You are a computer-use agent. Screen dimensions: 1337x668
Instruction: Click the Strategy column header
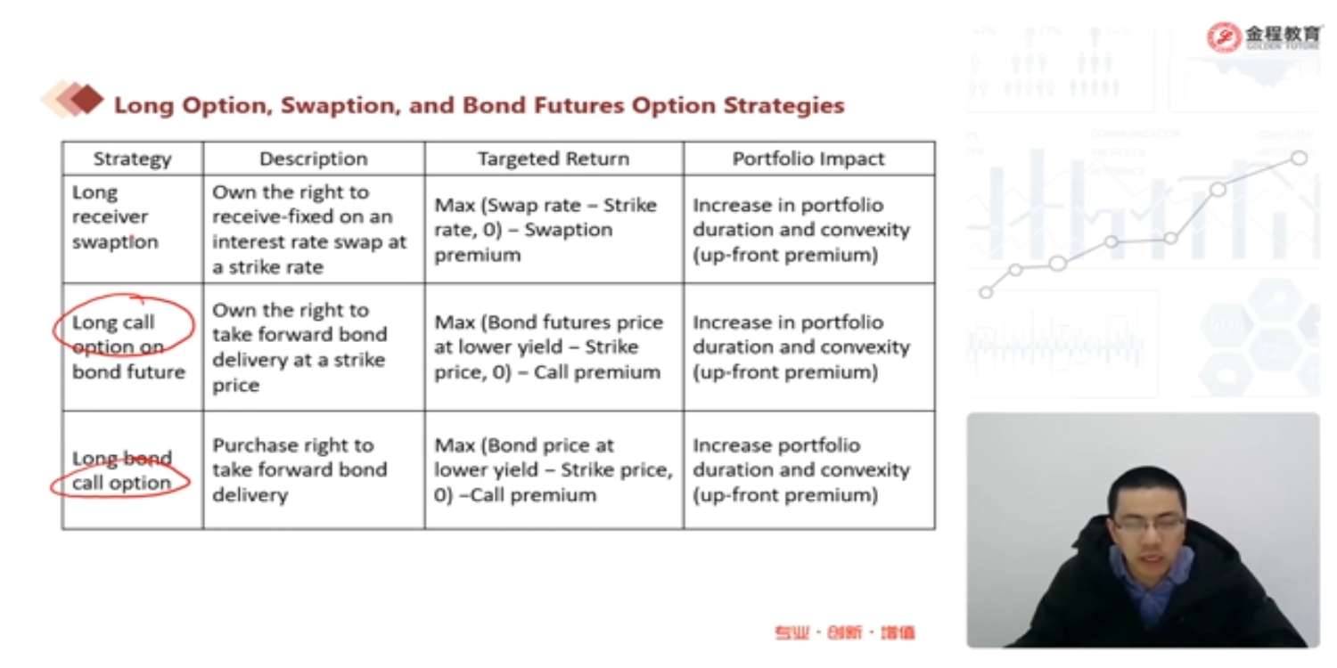tap(132, 159)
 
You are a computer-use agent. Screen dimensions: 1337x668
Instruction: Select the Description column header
tap(314, 159)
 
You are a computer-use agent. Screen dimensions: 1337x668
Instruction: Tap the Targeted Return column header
tap(554, 159)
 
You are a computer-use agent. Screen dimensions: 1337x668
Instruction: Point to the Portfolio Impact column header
tap(808, 159)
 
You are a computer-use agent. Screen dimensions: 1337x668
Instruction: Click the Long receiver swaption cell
tap(115, 217)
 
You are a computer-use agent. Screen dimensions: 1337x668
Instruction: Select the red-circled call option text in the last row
tap(121, 483)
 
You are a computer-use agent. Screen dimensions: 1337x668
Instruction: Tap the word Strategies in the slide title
tap(783, 106)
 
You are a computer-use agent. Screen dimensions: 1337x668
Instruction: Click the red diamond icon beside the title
tap(86, 99)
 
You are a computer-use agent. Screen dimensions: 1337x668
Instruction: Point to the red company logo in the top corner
tap(1224, 37)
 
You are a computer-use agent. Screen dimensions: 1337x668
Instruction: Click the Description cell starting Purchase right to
tap(299, 470)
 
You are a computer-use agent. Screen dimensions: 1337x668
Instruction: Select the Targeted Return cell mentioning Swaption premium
tap(545, 230)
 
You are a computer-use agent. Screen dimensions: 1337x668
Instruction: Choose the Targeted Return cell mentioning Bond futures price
tap(548, 347)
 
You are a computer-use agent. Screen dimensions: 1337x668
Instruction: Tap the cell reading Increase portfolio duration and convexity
tap(801, 470)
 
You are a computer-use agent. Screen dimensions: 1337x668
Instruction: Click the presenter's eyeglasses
tap(1148, 524)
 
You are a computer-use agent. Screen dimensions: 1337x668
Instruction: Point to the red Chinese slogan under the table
tap(845, 632)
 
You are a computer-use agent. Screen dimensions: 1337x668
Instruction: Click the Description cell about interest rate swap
tap(309, 230)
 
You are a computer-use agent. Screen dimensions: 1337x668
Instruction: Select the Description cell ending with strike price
tap(299, 347)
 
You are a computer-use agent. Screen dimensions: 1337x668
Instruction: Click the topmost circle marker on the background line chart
tap(1299, 158)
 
